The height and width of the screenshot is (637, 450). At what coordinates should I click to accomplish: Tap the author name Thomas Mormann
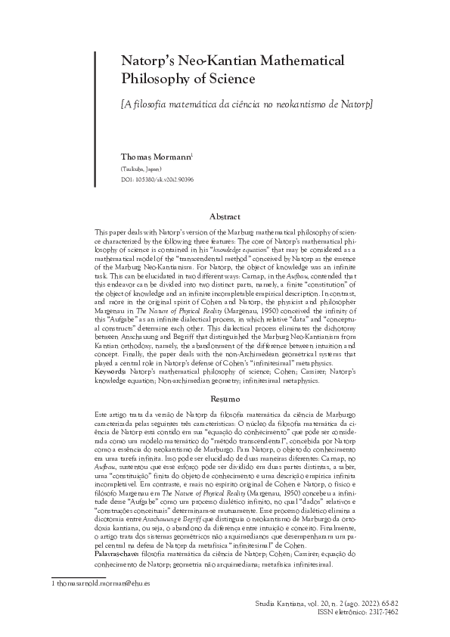[x=156, y=157]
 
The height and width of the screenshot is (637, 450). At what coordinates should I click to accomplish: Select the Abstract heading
[x=225, y=216]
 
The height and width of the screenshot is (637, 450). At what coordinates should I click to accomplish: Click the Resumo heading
[x=225, y=398]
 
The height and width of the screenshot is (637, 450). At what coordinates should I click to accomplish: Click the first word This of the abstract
[x=101, y=229]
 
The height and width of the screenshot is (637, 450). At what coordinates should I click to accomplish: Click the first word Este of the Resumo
[x=101, y=412]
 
